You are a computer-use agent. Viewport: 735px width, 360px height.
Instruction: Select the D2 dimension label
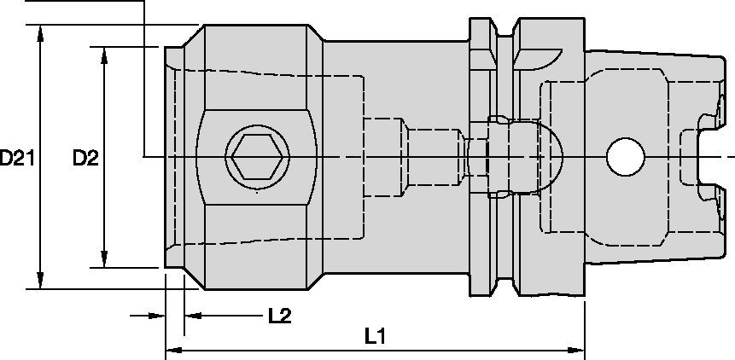click(85, 157)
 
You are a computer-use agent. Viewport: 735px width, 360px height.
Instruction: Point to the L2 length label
click(279, 316)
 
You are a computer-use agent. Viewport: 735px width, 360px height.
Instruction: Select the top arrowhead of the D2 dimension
click(104, 54)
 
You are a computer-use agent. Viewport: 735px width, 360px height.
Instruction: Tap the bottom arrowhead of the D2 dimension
click(104, 260)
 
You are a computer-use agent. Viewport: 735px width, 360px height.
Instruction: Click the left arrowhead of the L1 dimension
click(172, 349)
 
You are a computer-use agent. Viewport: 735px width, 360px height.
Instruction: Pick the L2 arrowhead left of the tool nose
click(157, 316)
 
